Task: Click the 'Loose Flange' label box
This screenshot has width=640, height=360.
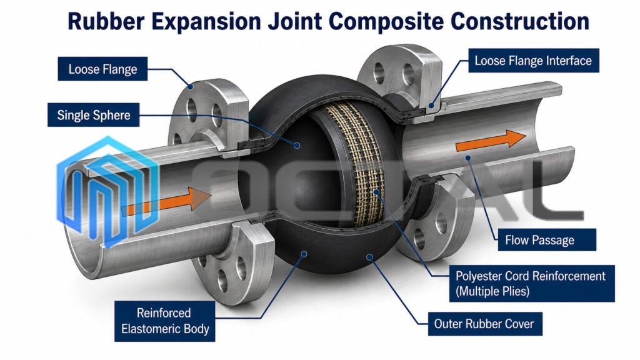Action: (102, 69)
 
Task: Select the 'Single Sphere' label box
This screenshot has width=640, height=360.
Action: (94, 115)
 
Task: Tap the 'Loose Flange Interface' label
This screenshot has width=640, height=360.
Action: (534, 61)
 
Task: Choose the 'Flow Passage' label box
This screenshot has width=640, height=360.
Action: (547, 239)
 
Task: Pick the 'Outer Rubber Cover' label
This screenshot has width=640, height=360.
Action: (485, 324)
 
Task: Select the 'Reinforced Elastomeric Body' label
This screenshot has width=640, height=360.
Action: (165, 321)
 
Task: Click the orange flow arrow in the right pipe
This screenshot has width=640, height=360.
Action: (491, 141)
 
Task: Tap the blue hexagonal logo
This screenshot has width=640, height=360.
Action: (107, 192)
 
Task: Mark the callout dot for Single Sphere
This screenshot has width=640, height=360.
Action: (297, 145)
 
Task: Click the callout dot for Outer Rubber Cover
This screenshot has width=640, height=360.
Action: (369, 257)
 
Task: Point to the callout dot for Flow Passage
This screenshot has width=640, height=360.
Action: (468, 157)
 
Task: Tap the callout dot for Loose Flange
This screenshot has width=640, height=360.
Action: (190, 86)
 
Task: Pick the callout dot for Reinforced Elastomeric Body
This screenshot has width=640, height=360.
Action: (304, 254)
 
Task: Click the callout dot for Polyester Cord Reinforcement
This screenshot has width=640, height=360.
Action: (376, 191)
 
